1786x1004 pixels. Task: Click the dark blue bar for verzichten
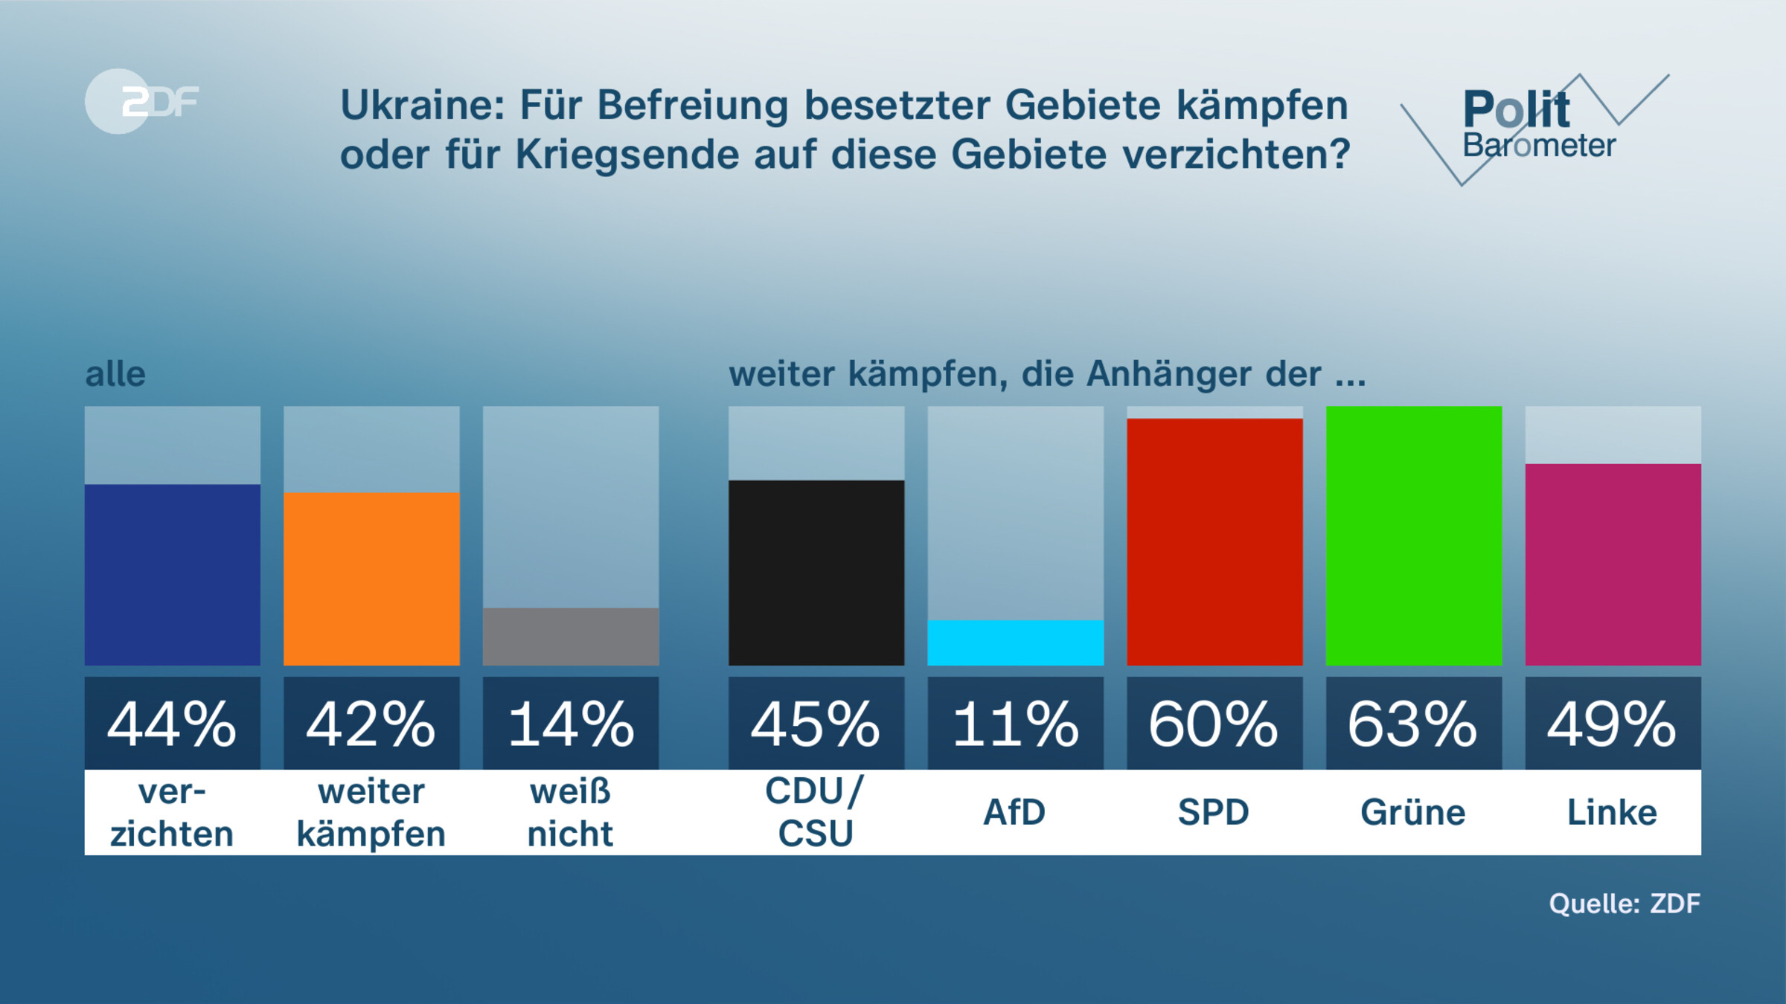coord(172,574)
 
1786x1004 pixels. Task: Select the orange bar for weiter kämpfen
coord(371,579)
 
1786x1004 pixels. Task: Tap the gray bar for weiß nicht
coord(571,637)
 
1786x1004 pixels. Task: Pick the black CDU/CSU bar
coord(816,573)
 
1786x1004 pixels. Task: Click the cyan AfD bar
coord(1015,643)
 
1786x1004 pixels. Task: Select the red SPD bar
coord(1214,541)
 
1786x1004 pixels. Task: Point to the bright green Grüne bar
coord(1414,535)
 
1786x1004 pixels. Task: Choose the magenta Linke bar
coord(1613,564)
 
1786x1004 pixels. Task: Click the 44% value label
coord(172,724)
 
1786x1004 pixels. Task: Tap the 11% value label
coord(1015,724)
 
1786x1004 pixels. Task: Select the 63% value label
coord(1414,724)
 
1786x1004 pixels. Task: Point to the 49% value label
coord(1613,724)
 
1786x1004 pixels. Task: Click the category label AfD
coord(1014,812)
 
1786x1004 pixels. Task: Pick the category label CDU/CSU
coord(816,812)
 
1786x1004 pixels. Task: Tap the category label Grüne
coord(1413,812)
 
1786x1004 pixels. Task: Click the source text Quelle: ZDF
coord(1625,904)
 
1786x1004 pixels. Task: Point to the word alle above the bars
coord(115,374)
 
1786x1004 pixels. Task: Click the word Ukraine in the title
coord(422,106)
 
